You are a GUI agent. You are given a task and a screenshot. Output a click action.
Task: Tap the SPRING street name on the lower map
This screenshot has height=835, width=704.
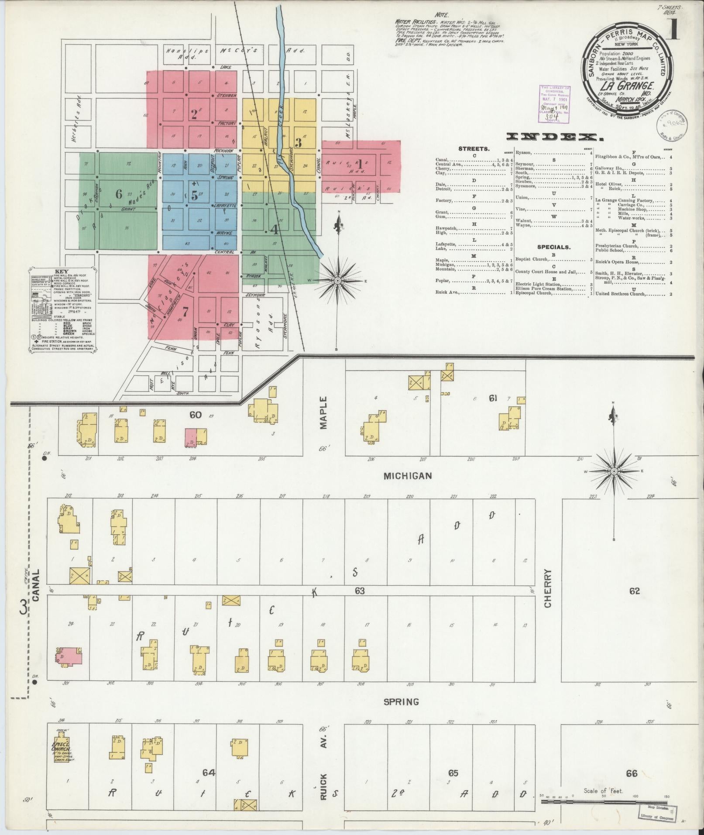point(401,702)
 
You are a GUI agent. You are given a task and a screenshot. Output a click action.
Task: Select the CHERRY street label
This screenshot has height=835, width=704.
point(548,588)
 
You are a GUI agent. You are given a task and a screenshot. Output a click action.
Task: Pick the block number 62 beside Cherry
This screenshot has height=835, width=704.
point(634,591)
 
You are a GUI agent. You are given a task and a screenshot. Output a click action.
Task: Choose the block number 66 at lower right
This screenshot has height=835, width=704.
point(631,774)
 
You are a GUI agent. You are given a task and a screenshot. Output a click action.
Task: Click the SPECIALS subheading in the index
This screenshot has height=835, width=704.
point(553,247)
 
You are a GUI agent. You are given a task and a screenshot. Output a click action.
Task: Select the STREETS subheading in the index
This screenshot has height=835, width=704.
point(474,149)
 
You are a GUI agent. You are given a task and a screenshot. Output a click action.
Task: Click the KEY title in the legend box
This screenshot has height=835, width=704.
point(62,271)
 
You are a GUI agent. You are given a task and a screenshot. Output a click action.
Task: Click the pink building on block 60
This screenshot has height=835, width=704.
point(190,437)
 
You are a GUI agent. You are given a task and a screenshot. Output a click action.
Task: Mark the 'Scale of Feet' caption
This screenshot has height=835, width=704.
point(603,791)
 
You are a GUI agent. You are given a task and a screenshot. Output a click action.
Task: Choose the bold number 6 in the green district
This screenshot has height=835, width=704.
point(118,193)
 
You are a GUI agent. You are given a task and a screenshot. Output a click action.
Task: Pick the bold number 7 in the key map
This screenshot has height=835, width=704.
point(185,312)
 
